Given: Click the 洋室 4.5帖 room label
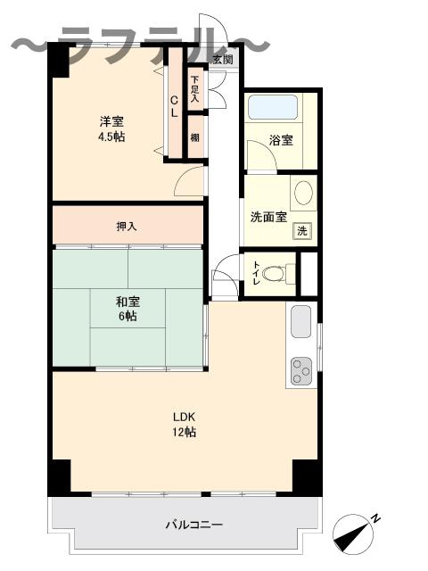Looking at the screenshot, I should [111, 128].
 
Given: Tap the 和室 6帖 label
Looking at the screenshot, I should [125, 309].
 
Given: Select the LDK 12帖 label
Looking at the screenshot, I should [184, 424].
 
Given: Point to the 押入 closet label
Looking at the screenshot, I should [127, 226].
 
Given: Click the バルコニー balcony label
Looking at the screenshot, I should [193, 525].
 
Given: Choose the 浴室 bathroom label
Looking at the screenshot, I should [282, 141].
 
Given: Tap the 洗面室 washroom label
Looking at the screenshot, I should [267, 216].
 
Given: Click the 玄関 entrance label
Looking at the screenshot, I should [223, 60].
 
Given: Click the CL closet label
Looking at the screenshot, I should [175, 106].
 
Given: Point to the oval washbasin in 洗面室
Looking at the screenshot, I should [303, 194].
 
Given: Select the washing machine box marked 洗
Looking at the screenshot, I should [303, 231].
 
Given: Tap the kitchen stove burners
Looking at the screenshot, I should [301, 369].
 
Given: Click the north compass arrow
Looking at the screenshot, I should [353, 534].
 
